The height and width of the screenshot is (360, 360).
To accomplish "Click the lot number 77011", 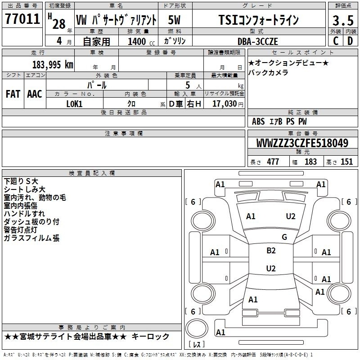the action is pyautogui.click(x=22, y=19).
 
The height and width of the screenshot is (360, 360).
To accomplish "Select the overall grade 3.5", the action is pyautogui.click(x=343, y=20).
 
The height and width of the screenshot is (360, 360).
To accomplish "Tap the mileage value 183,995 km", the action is pyautogui.click(x=53, y=65).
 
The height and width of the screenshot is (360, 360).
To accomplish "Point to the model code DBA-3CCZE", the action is pyautogui.click(x=257, y=41).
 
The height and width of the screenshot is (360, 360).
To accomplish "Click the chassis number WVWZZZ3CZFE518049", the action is pyautogui.click(x=302, y=143).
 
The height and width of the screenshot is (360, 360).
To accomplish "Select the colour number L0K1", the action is pyautogui.click(x=74, y=104).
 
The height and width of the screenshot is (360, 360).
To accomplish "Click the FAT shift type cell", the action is pyautogui.click(x=13, y=94).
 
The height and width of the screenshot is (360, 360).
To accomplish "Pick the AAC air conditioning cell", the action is pyautogui.click(x=35, y=94).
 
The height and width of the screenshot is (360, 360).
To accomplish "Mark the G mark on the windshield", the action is pyautogui.click(x=284, y=237).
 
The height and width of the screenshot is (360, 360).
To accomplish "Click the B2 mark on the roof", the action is pyautogui.click(x=271, y=251).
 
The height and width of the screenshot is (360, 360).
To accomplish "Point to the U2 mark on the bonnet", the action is pyautogui.click(x=291, y=216).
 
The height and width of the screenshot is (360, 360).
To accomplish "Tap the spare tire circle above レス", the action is pyautogui.click(x=197, y=328).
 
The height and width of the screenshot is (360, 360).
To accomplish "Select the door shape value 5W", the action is pyautogui.click(x=174, y=20).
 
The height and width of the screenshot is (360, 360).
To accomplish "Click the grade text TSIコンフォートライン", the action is pyautogui.click(x=258, y=20).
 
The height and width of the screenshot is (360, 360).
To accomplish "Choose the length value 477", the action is pyautogui.click(x=273, y=162).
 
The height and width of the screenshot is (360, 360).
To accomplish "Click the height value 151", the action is pyautogui.click(x=346, y=162).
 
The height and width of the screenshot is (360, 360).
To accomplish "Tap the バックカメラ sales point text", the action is pyautogui.click(x=268, y=72).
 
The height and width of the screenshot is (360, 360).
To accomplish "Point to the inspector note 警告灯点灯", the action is pyautogui.click(x=20, y=230).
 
